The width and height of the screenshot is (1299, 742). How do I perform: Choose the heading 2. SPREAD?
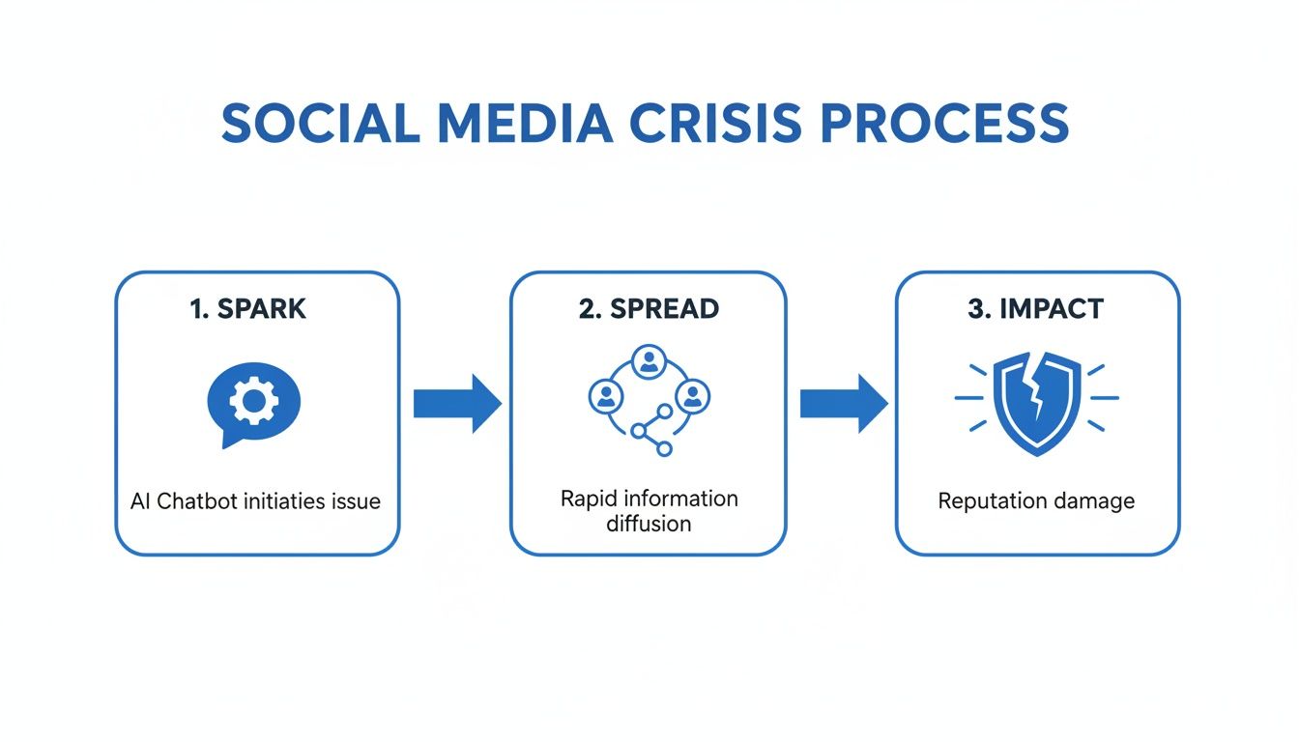click(649, 309)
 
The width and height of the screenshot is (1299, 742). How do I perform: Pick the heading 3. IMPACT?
click(1036, 309)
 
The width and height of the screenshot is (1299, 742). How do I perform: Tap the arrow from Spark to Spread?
click(456, 403)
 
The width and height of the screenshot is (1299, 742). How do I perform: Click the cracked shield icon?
click(1036, 400)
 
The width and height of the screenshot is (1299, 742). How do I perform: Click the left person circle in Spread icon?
click(605, 395)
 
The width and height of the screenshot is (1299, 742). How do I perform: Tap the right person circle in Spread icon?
click(692, 395)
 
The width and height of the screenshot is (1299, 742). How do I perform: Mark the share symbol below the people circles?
click(650, 431)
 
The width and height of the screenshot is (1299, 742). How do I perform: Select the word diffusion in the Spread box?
click(649, 525)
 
